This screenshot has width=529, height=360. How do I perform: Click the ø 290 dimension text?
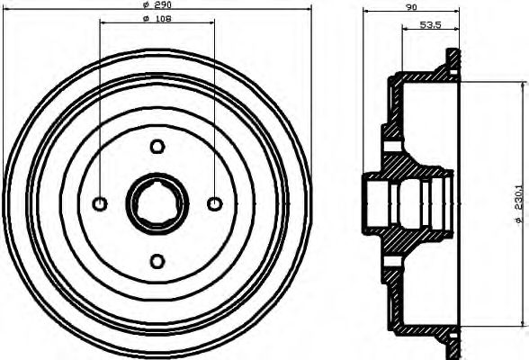[157, 5]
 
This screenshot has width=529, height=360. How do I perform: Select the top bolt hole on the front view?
[157, 147]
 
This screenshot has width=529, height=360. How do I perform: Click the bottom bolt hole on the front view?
[157, 261]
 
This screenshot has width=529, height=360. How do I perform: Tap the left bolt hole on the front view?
[100, 204]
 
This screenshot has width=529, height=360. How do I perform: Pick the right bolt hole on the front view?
[215, 204]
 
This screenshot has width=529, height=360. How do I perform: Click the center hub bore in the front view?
[157, 204]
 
